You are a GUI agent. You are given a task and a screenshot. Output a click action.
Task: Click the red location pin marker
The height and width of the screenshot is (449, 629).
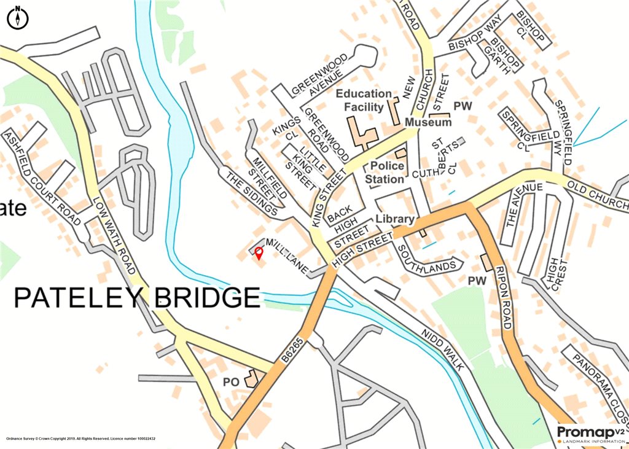pos(259,252)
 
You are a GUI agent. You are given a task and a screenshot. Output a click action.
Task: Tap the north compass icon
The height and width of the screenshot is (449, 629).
pos(18,18)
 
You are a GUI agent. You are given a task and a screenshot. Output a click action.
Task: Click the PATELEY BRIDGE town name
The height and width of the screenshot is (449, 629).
pos(137,298)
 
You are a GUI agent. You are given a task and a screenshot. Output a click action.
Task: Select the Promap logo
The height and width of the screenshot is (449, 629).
pos(590,434)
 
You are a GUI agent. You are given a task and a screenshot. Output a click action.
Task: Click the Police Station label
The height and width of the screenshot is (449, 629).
pos(385,173)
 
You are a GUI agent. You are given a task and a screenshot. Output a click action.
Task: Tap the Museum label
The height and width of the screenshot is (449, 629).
pos(428,123)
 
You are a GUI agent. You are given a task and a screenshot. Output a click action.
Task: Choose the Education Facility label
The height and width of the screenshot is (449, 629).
pos(364,100)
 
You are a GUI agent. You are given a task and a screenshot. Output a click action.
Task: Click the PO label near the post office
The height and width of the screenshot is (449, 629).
pos(230,382)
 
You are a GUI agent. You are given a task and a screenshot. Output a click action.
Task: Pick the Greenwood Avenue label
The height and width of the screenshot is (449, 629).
pos(319,76)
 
